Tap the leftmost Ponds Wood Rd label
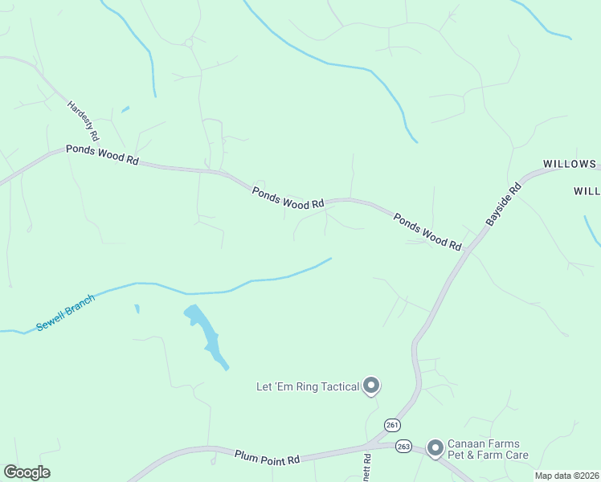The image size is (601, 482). point(102,153)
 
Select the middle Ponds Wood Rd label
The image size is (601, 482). point(288,198)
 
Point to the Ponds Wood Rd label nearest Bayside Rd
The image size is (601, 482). point(427,231)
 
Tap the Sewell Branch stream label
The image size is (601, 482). point(66,313)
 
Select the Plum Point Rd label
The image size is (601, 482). point(268,457)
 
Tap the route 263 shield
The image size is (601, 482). point(403,445)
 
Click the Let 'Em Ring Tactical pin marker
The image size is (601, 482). point(371,386)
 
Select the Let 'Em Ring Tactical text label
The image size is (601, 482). point(307,387)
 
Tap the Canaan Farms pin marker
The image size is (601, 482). point(435,447)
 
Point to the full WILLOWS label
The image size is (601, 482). point(569,164)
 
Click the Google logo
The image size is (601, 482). point(27,472)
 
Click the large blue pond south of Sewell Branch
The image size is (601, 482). point(206,333)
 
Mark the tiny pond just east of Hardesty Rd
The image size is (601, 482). point(125,109)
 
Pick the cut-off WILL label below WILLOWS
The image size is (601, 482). point(587,192)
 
